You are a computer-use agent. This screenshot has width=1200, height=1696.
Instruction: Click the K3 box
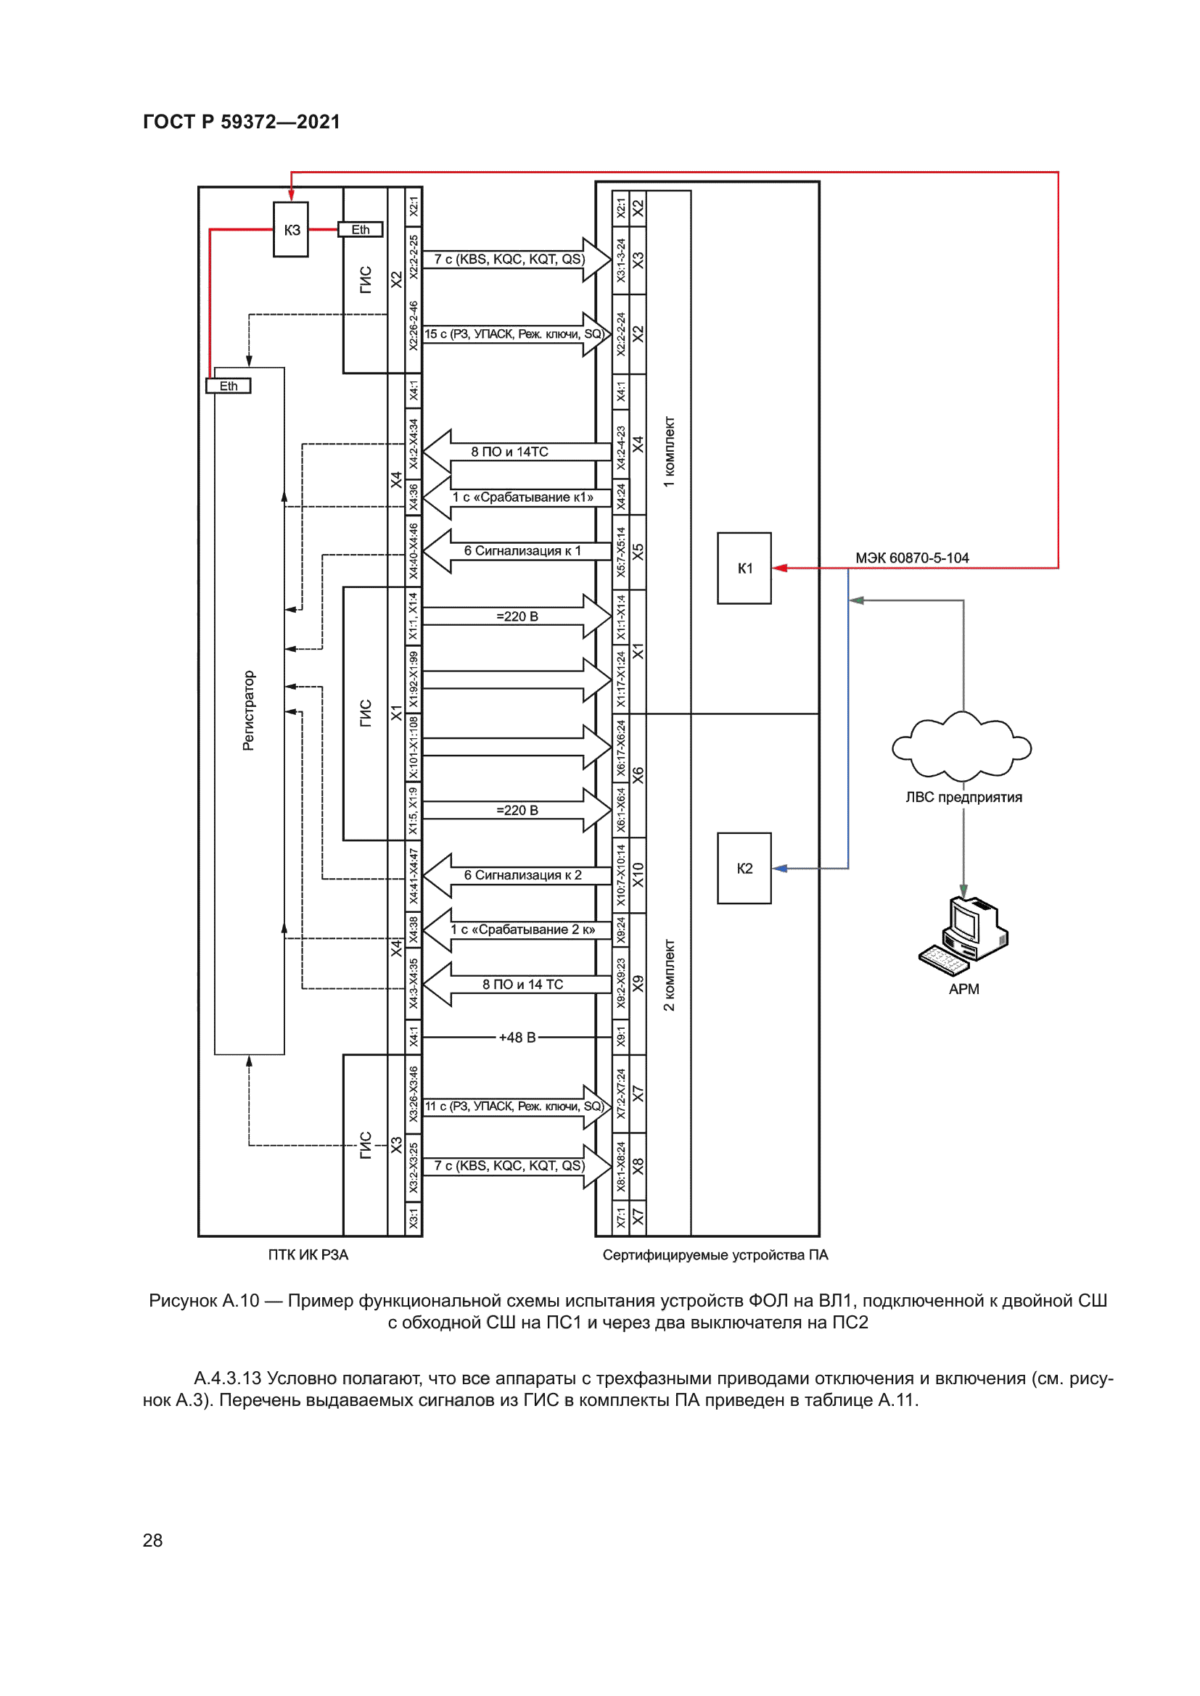pos(291,230)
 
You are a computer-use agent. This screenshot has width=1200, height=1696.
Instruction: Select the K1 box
pos(744,568)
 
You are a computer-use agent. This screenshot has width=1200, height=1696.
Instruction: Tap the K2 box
pos(744,868)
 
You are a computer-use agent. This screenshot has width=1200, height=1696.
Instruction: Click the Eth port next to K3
pos(361,230)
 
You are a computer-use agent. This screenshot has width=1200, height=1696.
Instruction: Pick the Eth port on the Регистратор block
pos(229,386)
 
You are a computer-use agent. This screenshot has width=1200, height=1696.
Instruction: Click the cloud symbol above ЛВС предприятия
pos(962,746)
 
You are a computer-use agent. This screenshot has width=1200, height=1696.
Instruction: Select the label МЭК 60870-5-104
pos(912,558)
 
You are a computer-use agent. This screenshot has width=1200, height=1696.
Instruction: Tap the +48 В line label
pos(517,1037)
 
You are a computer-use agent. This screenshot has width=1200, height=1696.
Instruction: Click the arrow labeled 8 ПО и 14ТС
pos(510,451)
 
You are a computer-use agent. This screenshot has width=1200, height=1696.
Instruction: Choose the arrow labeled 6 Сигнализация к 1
pos(522,551)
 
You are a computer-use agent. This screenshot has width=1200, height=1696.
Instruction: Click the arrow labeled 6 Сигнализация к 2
pos(522,875)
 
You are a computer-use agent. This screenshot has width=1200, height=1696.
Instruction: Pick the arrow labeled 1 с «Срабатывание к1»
pos(522,498)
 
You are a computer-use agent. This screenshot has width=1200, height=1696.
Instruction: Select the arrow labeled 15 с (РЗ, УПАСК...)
pos(514,334)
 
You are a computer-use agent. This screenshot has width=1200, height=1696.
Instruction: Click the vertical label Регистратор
pos(248,711)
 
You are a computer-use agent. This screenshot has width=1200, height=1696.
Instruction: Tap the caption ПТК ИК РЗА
pos(308,1254)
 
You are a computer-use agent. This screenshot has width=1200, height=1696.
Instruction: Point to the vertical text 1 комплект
pos(669,452)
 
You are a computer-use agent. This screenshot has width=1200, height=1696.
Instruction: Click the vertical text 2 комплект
pos(669,975)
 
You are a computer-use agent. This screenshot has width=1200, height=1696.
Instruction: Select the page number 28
pos(152,1539)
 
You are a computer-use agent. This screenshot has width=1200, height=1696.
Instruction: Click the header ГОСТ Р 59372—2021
pos(242,122)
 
